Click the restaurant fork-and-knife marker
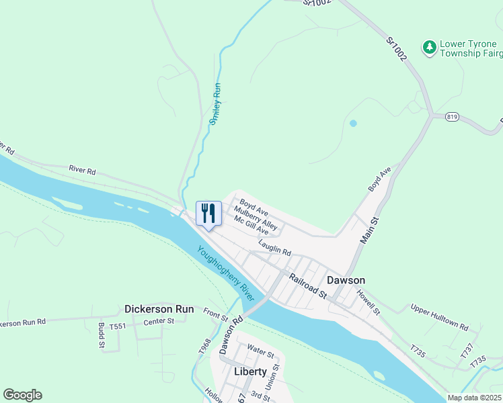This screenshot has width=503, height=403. click(208, 214)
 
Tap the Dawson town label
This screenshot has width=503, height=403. click(346, 280)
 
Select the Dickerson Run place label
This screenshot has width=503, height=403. click(159, 310)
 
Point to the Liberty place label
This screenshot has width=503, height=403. click(250, 371)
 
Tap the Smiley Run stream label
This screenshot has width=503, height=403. click(216, 104)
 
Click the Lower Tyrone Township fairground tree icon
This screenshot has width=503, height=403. click(428, 47)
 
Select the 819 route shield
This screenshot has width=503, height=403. click(452, 116)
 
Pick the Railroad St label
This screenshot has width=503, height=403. click(308, 285)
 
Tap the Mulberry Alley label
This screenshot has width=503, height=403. click(256, 216)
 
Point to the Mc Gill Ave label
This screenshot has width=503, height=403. click(251, 226)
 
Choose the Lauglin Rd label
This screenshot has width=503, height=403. click(274, 249)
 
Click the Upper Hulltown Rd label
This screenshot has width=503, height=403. click(440, 316)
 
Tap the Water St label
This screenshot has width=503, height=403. click(260, 350)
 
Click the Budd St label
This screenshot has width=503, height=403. click(100, 337)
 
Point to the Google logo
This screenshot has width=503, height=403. click(22, 395)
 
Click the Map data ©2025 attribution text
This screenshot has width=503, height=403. click(474, 398)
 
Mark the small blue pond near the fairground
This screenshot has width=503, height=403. click(352, 124)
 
